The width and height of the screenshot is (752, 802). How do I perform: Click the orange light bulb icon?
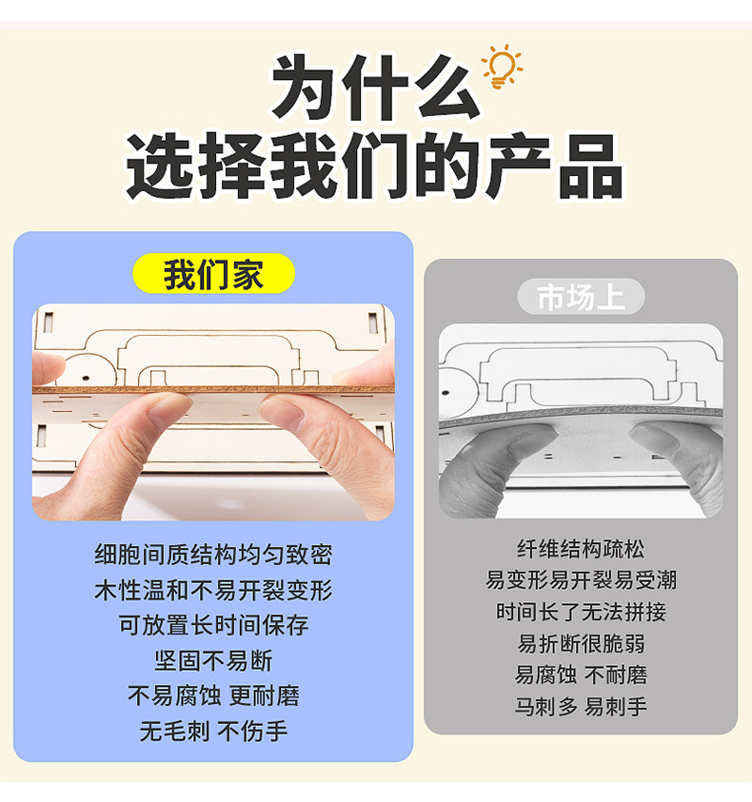(503, 67)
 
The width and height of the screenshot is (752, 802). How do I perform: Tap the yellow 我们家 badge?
(213, 274)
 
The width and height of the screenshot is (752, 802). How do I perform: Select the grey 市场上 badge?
(581, 297)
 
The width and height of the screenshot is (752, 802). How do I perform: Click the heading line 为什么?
(376, 88)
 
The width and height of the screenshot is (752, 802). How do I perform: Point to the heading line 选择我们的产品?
(376, 166)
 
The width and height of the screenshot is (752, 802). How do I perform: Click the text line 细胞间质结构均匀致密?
(213, 555)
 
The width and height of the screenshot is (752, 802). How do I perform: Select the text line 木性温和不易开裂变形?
(213, 590)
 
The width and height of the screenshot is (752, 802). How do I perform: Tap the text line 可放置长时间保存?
(213, 625)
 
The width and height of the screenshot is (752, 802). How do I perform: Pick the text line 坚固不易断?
(213, 660)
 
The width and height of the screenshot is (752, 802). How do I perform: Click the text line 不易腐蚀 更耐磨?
(213, 695)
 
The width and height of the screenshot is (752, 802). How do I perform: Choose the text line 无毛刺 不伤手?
(213, 731)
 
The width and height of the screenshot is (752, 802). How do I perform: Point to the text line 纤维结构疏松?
(581, 549)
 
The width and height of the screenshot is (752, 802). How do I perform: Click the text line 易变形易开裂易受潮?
(581, 580)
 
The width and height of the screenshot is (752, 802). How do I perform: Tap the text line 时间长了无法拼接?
(581, 612)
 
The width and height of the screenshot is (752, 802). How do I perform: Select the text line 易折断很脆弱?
(581, 643)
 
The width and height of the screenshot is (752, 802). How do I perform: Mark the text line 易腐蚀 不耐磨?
(581, 675)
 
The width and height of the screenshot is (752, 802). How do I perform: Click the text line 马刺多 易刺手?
(581, 707)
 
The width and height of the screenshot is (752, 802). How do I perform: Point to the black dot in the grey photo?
(445, 393)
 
